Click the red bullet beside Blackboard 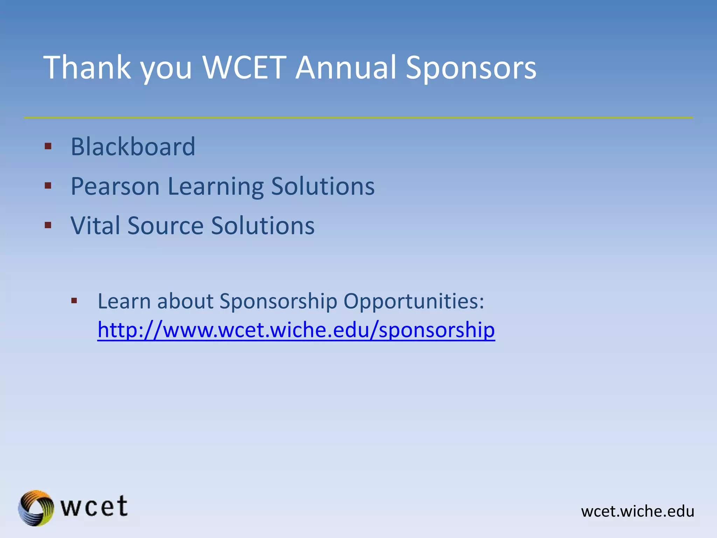tap(48, 146)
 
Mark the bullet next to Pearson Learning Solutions tap(48, 186)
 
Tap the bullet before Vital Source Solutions tap(48, 225)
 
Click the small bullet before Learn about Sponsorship tap(74, 301)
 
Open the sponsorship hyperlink tap(296, 330)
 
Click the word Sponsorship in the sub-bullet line tap(278, 301)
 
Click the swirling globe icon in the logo tap(36, 508)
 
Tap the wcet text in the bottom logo tap(94, 506)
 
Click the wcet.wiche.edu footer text tap(638, 511)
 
